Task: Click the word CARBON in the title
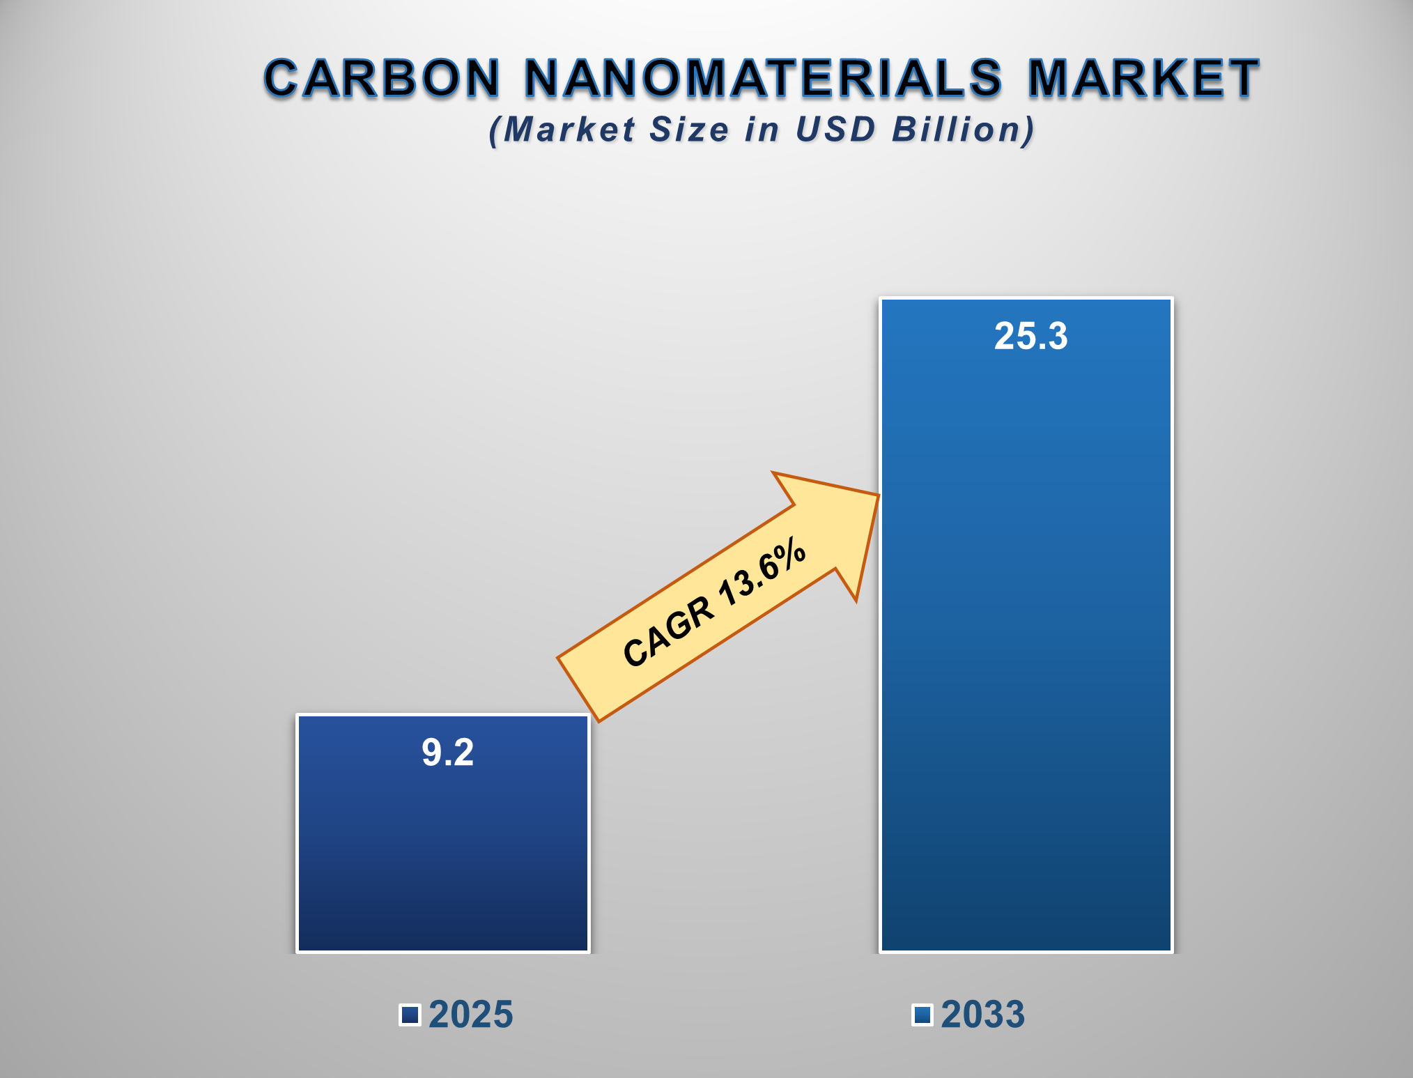(x=382, y=77)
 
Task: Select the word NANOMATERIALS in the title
(x=763, y=77)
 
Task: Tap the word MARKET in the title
(x=1143, y=77)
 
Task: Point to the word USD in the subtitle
(x=835, y=130)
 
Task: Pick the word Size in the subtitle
(x=688, y=130)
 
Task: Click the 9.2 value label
(x=447, y=753)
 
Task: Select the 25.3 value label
(x=1030, y=336)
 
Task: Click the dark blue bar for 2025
(x=443, y=857)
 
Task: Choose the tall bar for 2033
(x=1026, y=662)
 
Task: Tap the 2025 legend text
(x=470, y=1015)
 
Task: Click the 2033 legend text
(x=982, y=1015)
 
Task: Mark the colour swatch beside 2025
(x=410, y=1015)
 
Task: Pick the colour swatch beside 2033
(x=922, y=1015)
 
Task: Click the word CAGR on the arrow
(x=667, y=631)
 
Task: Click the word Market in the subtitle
(x=569, y=130)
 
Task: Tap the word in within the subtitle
(x=761, y=130)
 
